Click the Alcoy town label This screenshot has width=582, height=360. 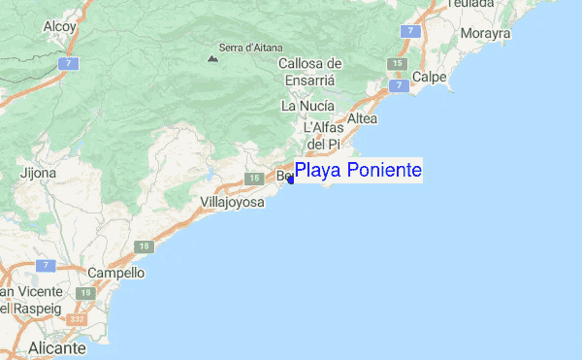[59, 27]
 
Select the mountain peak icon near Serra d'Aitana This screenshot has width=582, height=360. [211, 58]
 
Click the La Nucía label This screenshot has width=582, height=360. [307, 105]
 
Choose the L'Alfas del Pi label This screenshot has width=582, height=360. [322, 136]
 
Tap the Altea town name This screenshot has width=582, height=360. [361, 117]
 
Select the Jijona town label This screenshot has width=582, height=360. [38, 173]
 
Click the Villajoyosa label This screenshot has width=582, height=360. [232, 201]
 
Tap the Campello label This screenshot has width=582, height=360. [115, 273]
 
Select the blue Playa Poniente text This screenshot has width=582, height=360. [358, 171]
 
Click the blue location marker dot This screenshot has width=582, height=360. [291, 180]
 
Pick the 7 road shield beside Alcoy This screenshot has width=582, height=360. [69, 63]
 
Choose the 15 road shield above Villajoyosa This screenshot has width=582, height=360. [253, 179]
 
